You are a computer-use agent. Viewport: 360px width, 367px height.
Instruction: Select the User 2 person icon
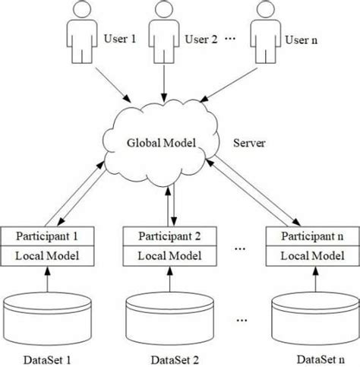click(x=163, y=33)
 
